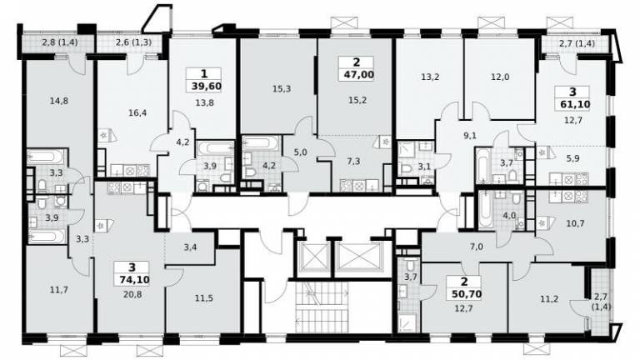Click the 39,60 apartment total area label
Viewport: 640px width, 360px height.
point(206,86)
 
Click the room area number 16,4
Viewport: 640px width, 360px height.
point(137,113)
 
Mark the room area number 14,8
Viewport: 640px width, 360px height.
point(59,101)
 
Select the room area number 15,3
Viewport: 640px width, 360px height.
point(282,88)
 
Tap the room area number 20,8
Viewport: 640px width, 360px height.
point(132,294)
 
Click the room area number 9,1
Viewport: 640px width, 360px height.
point(470,136)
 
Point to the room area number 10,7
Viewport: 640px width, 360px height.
point(576,223)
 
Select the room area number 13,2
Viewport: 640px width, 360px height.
point(430,77)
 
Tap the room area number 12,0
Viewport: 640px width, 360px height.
point(500,77)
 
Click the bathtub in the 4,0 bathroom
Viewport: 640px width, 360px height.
point(486,210)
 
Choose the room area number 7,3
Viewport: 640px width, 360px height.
point(353,161)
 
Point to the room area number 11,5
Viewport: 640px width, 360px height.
point(203,298)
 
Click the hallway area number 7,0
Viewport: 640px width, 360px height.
point(477,247)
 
